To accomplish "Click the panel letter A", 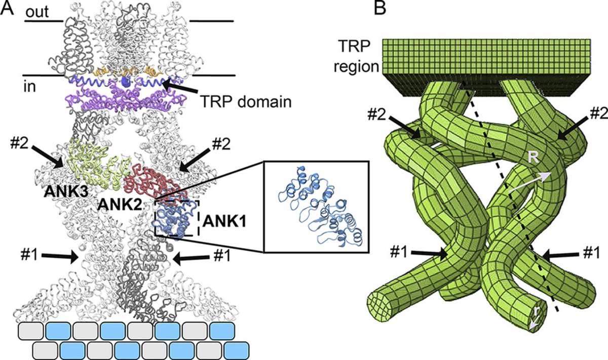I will (7, 9).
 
